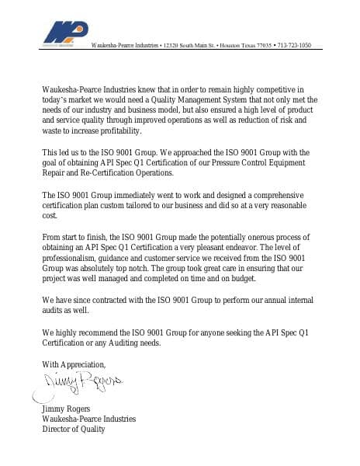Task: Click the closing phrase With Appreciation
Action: pos(74,364)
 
